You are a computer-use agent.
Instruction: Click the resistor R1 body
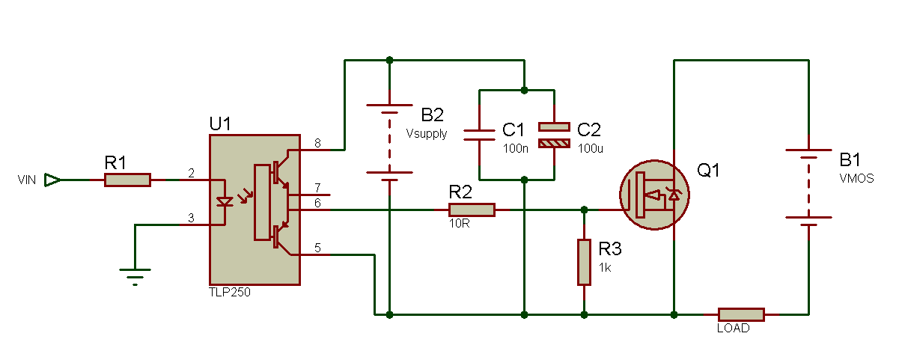[127, 180]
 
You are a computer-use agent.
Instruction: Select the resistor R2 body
[472, 210]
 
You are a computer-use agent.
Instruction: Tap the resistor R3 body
[584, 262]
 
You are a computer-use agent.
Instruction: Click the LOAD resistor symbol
[741, 314]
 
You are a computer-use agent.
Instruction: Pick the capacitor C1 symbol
[479, 134]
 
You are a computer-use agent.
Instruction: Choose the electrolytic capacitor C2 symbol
[554, 134]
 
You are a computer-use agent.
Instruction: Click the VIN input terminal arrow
[52, 180]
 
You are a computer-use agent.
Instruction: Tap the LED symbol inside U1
[223, 201]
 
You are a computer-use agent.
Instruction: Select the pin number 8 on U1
[317, 143]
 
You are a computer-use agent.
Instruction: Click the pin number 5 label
[317, 248]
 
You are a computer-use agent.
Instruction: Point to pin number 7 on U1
[317, 187]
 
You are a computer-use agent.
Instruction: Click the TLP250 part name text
[230, 293]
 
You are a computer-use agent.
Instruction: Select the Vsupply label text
[427, 134]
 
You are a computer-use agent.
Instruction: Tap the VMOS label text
[856, 179]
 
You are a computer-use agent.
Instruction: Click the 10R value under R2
[460, 224]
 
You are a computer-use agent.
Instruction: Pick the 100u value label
[591, 148]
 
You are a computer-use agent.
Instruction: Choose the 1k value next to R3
[605, 266]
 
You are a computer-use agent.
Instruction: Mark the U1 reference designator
[221, 123]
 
